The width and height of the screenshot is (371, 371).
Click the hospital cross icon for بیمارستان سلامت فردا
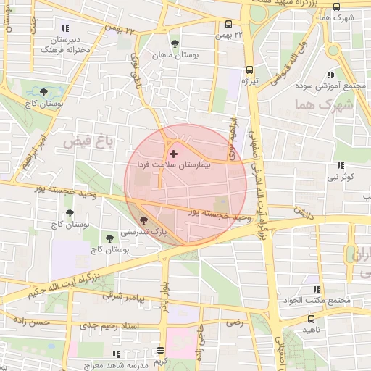172,154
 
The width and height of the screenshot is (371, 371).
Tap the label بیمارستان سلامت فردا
173,165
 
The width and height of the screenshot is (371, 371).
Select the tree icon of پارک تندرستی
143,220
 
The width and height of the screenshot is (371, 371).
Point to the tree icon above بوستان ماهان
173,43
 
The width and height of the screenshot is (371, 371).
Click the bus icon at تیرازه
250,70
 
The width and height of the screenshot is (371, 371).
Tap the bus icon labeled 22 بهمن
230,24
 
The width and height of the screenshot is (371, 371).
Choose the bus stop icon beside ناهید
311,319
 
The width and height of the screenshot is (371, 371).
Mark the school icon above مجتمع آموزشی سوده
330,75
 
